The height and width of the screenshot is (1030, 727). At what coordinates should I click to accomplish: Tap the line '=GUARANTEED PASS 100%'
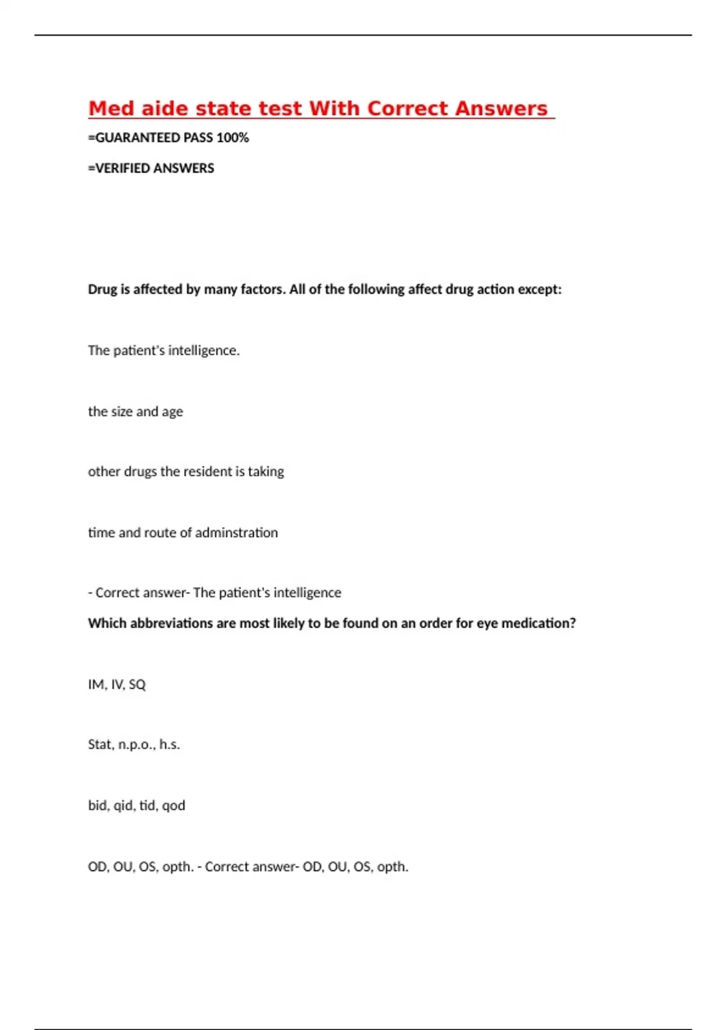click(168, 138)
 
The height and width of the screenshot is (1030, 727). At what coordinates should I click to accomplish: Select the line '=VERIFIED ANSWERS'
click(151, 168)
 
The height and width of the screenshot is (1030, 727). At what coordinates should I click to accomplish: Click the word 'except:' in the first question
click(540, 290)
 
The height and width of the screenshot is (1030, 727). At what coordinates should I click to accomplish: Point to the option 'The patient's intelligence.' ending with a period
click(164, 351)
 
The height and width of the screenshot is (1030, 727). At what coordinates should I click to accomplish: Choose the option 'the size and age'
click(135, 411)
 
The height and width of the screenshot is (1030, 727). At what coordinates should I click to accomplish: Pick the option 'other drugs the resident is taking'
click(186, 471)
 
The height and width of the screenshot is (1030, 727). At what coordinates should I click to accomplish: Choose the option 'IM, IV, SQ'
click(117, 685)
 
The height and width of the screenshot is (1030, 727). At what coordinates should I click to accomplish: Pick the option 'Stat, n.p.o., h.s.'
click(134, 745)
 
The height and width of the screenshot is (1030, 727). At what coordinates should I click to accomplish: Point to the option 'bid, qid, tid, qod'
click(136, 806)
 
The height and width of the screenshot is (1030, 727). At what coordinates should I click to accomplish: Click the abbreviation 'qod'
click(173, 806)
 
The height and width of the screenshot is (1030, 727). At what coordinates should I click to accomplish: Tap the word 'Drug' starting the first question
click(102, 290)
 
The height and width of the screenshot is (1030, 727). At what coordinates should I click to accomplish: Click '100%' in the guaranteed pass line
click(232, 138)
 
